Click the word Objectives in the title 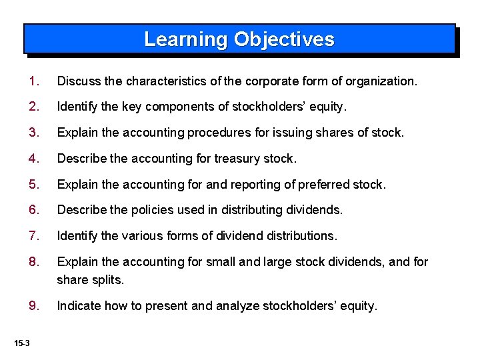[283, 39]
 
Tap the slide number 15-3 [22, 343]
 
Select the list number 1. [33, 81]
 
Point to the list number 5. [33, 184]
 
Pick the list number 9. [33, 306]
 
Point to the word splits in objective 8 [109, 280]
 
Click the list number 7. [33, 235]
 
